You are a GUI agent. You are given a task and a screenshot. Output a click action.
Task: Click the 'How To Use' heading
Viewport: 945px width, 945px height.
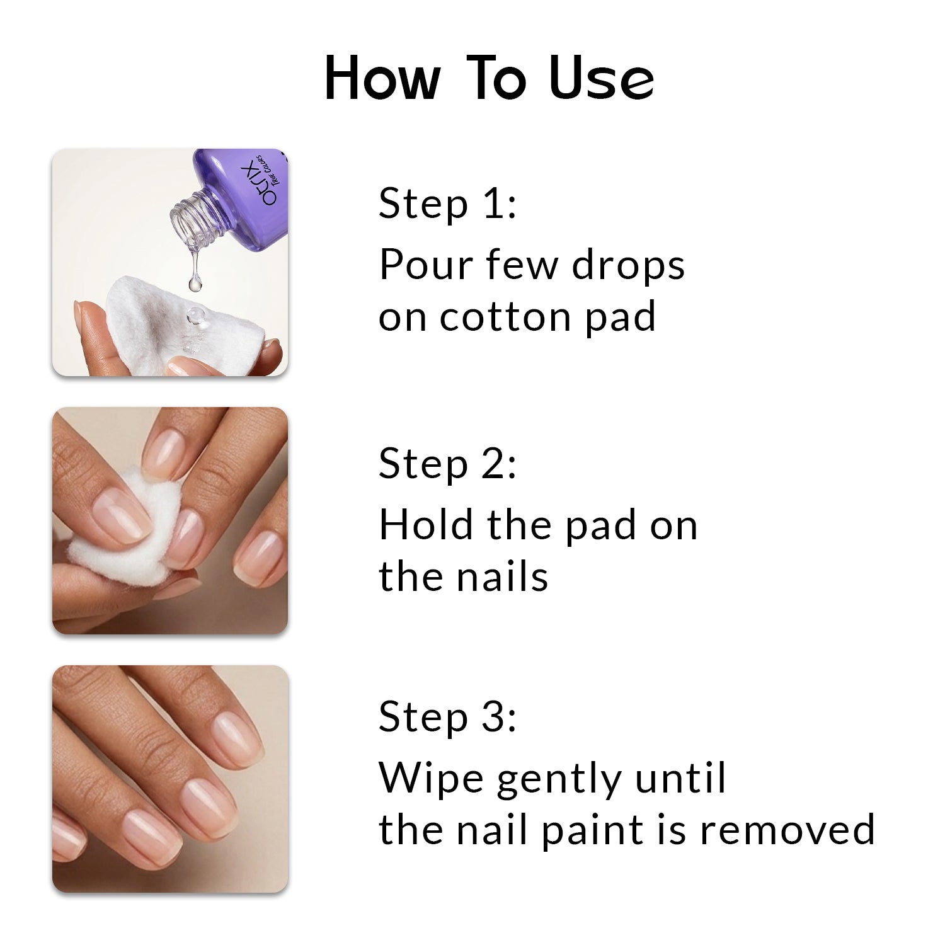pyautogui.click(x=490, y=79)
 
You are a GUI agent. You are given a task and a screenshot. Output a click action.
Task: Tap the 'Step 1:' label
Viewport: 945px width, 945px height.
pyautogui.click(x=447, y=205)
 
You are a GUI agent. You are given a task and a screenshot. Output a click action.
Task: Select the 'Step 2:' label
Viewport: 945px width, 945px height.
pyautogui.click(x=447, y=464)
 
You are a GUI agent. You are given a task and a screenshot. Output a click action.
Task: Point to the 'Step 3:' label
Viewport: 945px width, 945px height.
pyautogui.click(x=447, y=718)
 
